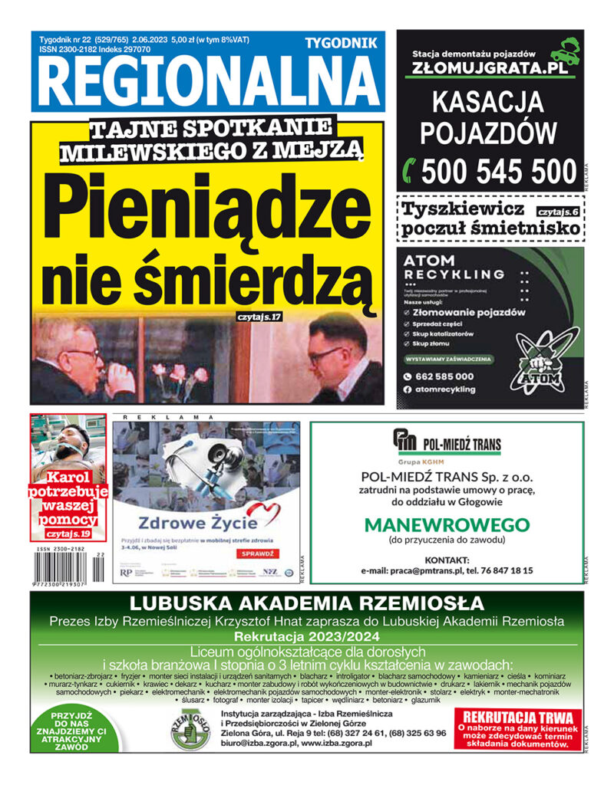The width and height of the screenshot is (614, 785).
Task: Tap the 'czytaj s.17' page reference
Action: pos(259,316)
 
